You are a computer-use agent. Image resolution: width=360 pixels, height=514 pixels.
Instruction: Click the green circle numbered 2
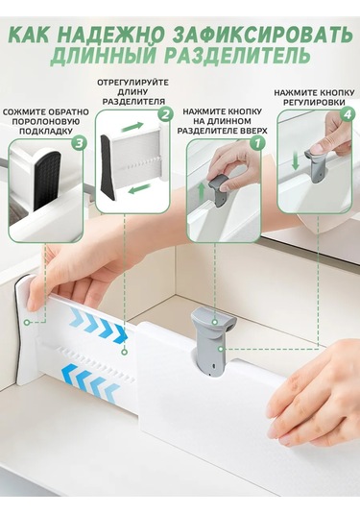coord(164,114)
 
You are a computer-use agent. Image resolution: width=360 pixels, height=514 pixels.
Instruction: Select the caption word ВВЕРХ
coord(242,130)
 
